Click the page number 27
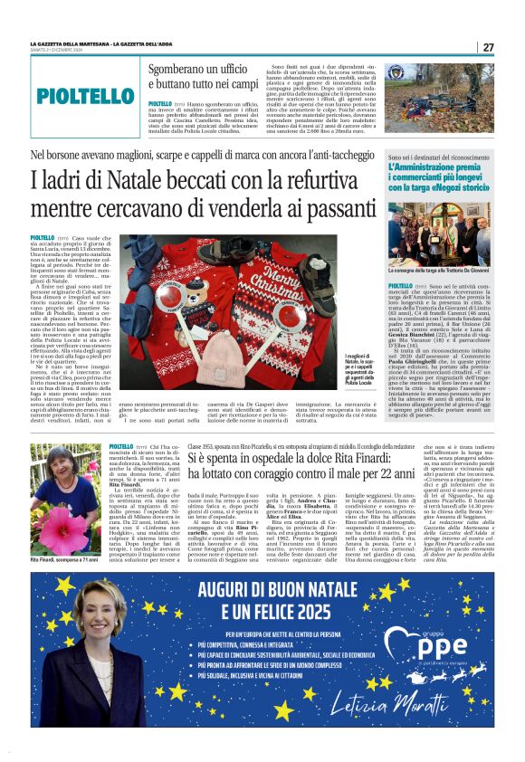click(488, 47)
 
